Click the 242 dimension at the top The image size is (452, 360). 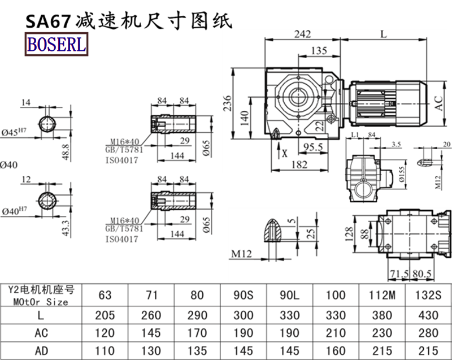(302, 34)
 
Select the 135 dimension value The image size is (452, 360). (319, 51)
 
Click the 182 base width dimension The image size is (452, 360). (301, 164)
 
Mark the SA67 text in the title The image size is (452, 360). (47, 21)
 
